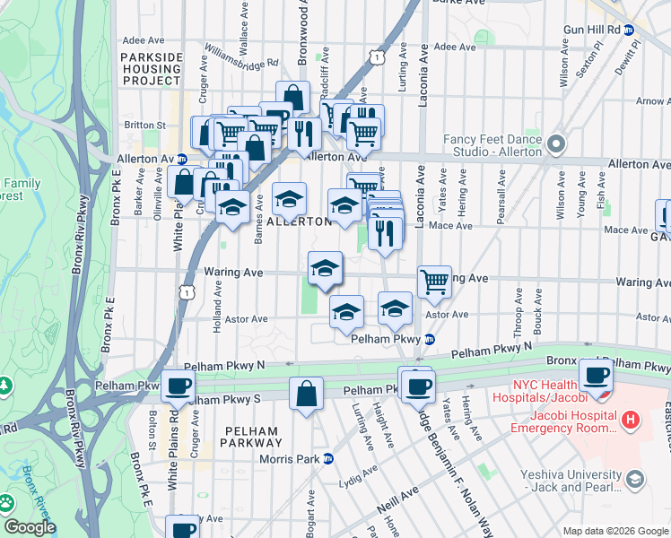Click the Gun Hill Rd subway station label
[x=592, y=29]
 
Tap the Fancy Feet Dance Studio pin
[x=557, y=143]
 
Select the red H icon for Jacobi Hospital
[x=631, y=419]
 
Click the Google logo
[x=30, y=527]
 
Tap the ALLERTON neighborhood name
[x=300, y=221]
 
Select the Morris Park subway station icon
[x=328, y=459]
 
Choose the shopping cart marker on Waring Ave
[x=434, y=280]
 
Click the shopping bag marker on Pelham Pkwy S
[x=306, y=393]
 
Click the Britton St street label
[x=145, y=125]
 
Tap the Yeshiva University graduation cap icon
[x=635, y=481]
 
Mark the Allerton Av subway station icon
[x=181, y=158]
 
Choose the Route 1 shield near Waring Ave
[x=187, y=291]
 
